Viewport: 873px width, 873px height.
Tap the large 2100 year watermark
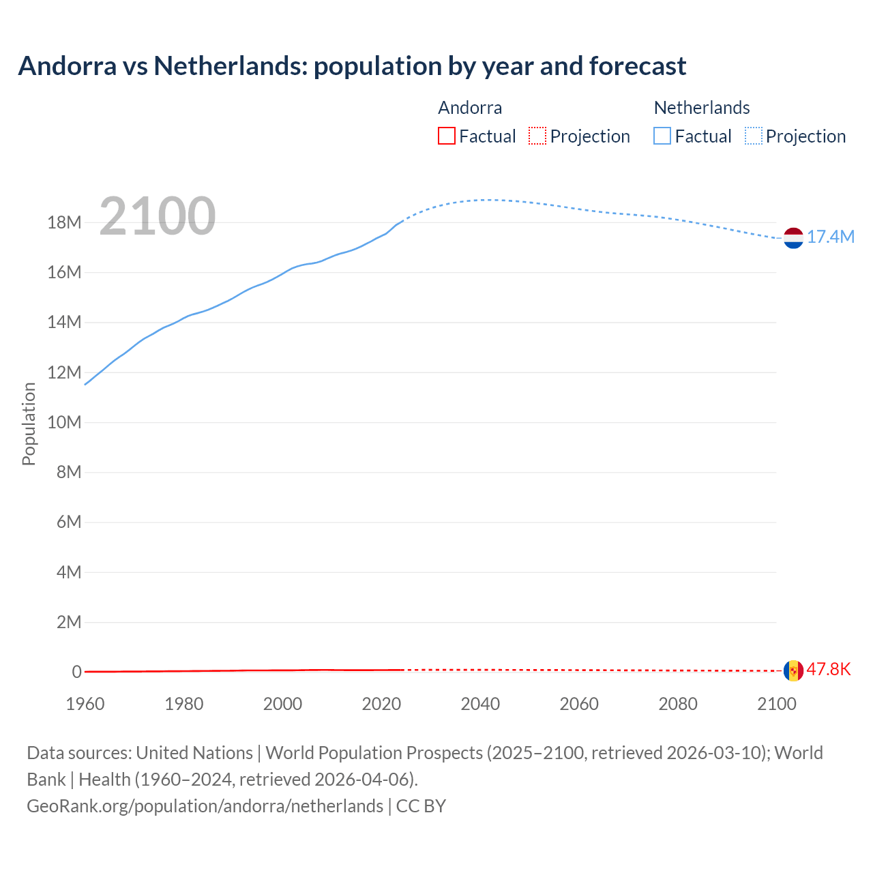click(x=158, y=216)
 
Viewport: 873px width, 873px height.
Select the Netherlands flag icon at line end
click(x=793, y=238)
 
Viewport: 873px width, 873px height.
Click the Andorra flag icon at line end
click(x=793, y=670)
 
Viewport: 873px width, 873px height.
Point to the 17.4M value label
click(x=831, y=237)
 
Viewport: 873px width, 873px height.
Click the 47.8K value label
click(x=829, y=669)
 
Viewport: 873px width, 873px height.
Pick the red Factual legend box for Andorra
click(x=446, y=136)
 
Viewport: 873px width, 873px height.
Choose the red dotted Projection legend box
click(x=537, y=136)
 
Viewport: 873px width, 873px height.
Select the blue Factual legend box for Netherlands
click(x=662, y=136)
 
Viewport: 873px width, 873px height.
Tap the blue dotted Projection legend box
click(x=754, y=136)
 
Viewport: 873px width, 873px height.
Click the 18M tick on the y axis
click(x=64, y=223)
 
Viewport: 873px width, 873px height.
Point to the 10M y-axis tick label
click(x=64, y=423)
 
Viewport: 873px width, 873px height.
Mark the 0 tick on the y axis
click(x=76, y=672)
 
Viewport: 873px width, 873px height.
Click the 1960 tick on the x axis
click(x=85, y=704)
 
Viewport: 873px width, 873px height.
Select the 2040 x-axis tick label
click(x=480, y=704)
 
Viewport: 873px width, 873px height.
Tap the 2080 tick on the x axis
click(x=678, y=704)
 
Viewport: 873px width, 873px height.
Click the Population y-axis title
click(x=29, y=424)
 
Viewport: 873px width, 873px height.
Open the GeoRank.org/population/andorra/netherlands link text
click(x=205, y=806)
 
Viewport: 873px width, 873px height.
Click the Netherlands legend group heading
click(x=702, y=108)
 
